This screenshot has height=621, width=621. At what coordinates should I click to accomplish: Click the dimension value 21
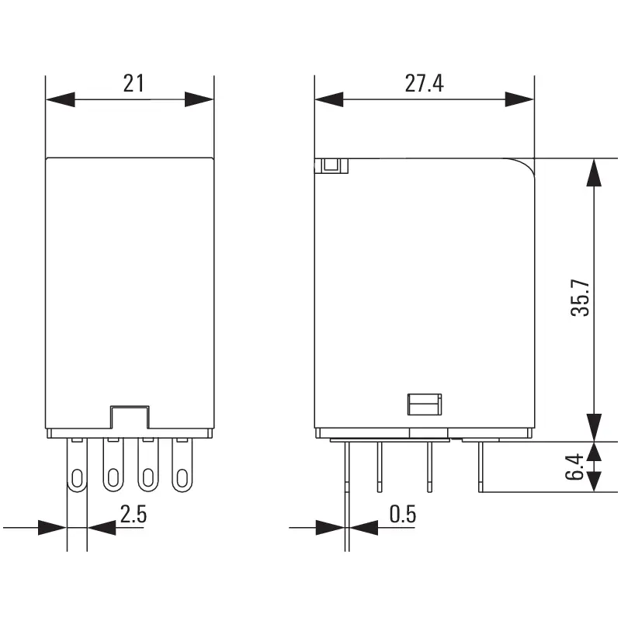pyautogui.click(x=134, y=83)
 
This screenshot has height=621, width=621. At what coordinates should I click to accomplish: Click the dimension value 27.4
pyautogui.click(x=424, y=83)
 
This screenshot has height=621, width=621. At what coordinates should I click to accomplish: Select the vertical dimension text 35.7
pyautogui.click(x=581, y=297)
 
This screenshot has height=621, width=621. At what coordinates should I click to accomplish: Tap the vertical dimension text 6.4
pyautogui.click(x=574, y=467)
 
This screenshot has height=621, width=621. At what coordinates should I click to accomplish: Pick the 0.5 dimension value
pyautogui.click(x=402, y=514)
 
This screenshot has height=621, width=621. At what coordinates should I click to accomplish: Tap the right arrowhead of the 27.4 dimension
pyautogui.click(x=519, y=99)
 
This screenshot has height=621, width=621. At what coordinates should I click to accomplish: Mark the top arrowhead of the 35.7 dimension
pyautogui.click(x=594, y=172)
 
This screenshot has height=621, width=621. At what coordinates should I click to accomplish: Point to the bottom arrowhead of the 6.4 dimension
pyautogui.click(x=594, y=479)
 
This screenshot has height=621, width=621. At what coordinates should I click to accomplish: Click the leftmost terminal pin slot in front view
pyautogui.click(x=78, y=477)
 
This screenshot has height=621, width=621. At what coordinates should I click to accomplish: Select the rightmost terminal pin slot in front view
pyautogui.click(x=182, y=477)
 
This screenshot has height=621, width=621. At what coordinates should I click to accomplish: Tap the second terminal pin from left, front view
pyautogui.click(x=113, y=477)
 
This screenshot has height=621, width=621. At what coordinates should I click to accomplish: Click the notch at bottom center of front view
pyautogui.click(x=130, y=417)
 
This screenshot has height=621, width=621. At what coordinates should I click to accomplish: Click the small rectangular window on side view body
pyautogui.click(x=425, y=404)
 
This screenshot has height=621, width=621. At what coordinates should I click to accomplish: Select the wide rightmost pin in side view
pyautogui.click(x=481, y=466)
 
